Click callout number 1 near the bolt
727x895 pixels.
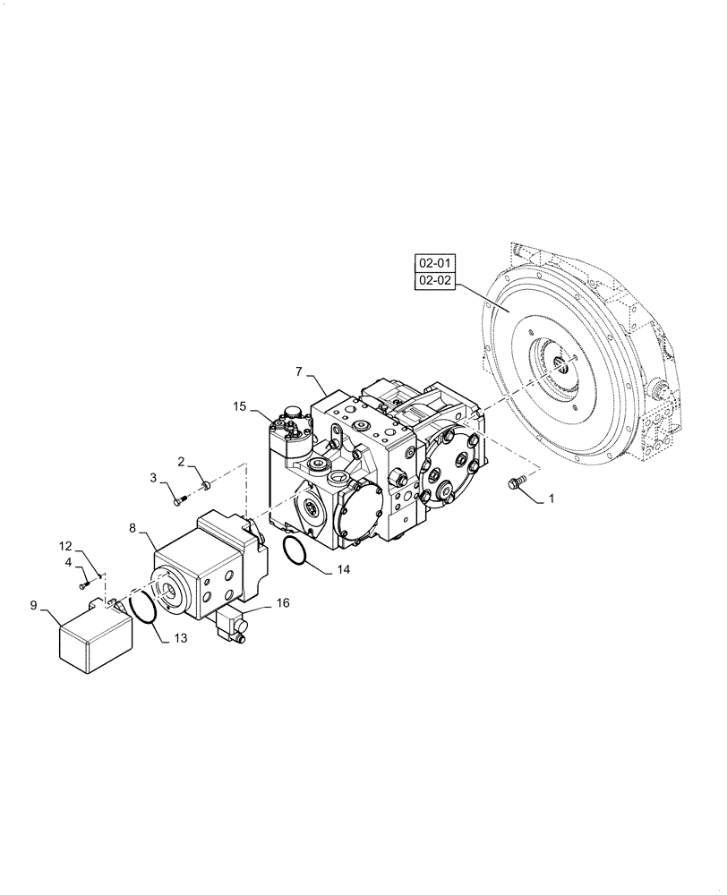pyautogui.click(x=552, y=499)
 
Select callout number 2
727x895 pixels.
pyautogui.click(x=181, y=463)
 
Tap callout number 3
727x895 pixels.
pyautogui.click(x=153, y=477)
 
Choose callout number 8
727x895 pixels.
pyautogui.click(x=133, y=530)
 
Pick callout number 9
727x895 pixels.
pyautogui.click(x=33, y=606)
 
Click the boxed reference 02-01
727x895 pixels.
pyautogui.click(x=435, y=263)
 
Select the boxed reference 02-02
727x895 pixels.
pyautogui.click(x=435, y=282)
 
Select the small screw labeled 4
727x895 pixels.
pyautogui.click(x=84, y=584)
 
